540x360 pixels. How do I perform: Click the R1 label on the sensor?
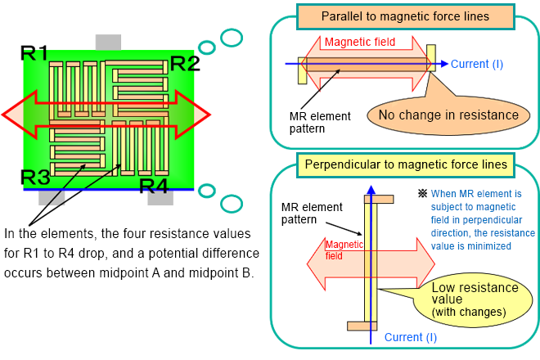[x=35, y=54]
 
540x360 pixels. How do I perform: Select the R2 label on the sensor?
[x=184, y=63]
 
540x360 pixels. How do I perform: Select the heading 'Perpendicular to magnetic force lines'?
[x=404, y=165]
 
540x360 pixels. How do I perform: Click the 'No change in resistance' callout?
[x=448, y=115]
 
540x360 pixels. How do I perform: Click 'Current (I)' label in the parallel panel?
[x=477, y=64]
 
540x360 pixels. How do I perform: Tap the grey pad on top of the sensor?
[x=108, y=42]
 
